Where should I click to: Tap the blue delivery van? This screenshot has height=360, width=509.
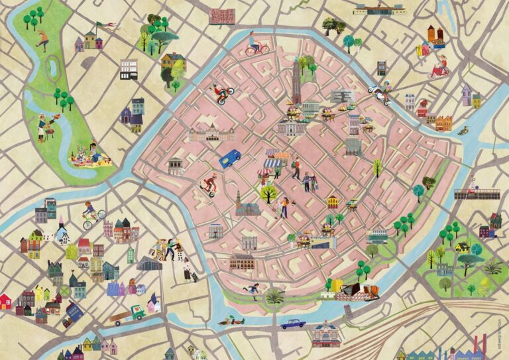[230, 158]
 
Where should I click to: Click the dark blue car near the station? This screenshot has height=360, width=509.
[292, 323]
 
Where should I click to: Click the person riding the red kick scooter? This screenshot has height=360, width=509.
[210, 185]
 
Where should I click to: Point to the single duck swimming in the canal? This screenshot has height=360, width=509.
[463, 131]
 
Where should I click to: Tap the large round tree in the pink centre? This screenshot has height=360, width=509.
[269, 194]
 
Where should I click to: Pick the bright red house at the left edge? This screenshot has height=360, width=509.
[5, 302]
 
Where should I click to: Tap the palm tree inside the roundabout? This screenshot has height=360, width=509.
[274, 296]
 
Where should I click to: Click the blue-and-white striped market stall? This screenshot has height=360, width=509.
[273, 161]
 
